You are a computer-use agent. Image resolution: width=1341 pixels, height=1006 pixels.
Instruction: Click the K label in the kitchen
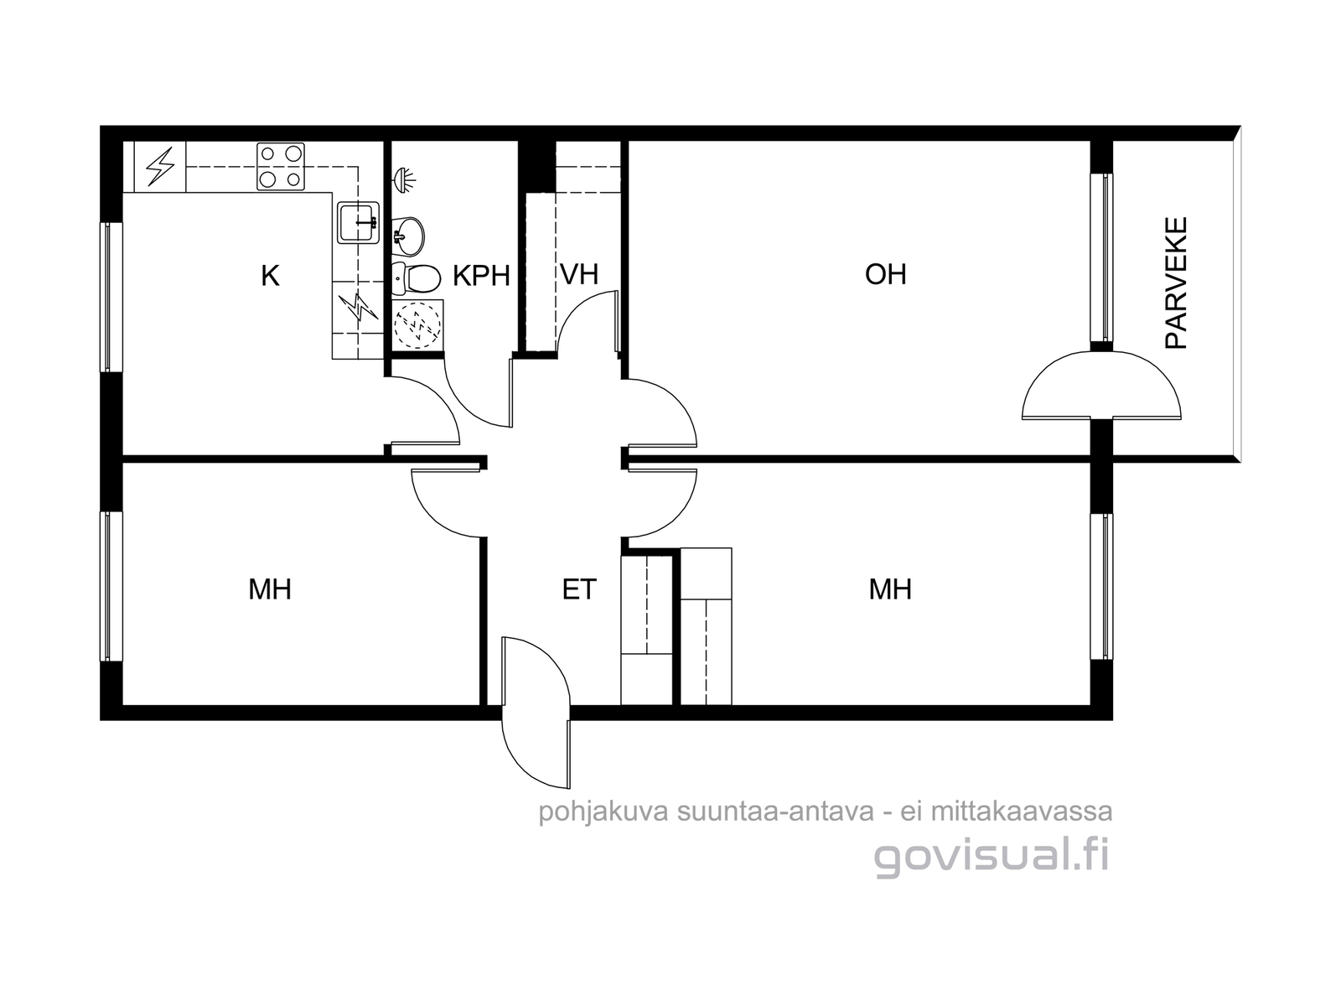[270, 276]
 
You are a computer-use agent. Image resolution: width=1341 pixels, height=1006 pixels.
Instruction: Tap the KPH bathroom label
[481, 276]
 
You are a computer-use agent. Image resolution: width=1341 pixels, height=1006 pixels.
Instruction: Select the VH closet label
[578, 275]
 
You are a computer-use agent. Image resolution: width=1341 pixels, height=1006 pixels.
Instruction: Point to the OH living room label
[885, 275]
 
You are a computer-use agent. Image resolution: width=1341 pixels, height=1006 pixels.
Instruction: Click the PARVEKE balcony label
[1176, 283]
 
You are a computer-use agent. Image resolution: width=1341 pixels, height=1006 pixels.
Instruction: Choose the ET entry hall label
[578, 589]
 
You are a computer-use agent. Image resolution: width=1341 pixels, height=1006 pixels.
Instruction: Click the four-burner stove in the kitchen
[281, 166]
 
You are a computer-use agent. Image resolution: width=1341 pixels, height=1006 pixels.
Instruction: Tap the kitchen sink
[358, 222]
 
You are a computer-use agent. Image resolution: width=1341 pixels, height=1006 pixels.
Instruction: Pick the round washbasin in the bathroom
[407, 236]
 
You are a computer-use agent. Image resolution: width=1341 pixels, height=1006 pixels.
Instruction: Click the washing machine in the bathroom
[417, 324]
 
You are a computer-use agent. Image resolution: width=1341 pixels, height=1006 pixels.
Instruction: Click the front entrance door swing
[536, 713]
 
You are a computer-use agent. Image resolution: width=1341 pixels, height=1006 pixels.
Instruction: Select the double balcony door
[1101, 385]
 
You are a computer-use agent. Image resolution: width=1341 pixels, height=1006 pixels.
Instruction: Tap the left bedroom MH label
[269, 589]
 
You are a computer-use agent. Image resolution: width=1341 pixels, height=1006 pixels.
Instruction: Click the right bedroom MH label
[890, 589]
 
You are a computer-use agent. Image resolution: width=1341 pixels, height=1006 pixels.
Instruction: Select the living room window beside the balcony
[1101, 257]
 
